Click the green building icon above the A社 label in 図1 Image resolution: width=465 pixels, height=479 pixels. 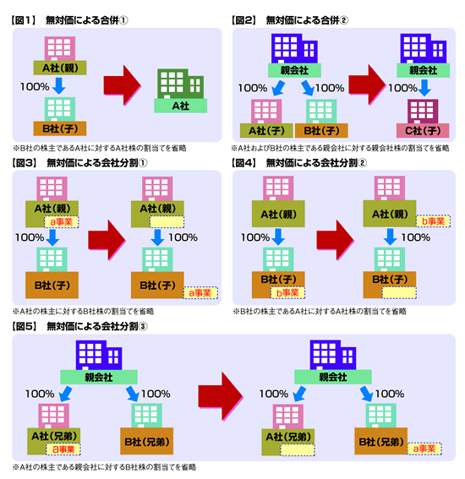coord(180,84)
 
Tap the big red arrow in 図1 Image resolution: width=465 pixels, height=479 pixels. coord(123,85)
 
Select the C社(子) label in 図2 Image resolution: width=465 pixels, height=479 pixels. coord(423,131)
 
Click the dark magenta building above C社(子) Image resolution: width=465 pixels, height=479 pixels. coord(423,112)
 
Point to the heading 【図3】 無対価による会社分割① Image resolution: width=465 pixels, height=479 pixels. coord(79,163)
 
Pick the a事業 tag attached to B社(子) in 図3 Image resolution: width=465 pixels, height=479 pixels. coord(200,293)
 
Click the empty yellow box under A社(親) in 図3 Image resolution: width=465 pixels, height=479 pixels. coord(167,222)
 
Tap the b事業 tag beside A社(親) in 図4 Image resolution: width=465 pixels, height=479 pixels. coord(433,220)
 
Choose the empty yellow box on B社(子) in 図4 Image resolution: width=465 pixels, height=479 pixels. coord(399,292)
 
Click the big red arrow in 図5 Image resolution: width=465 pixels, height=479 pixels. coord(221,396)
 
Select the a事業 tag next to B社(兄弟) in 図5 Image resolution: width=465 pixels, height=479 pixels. coord(424,449)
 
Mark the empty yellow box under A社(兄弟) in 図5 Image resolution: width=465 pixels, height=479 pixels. coord(298,450)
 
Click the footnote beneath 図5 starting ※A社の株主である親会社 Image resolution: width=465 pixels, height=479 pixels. coord(104,467)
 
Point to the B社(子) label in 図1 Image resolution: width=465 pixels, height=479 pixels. coord(60,128)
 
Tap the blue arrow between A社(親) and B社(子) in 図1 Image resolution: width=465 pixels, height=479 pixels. coord(58,86)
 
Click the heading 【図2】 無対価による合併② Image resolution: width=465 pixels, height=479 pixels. coord(290,20)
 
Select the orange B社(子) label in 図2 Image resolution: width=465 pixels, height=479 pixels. coord(321,131)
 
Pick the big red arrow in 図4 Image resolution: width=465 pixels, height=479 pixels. coord(336,240)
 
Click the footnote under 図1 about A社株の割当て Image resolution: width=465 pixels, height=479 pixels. coord(100,148)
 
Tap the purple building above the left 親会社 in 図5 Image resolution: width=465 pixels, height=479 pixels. coord(99,355)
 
